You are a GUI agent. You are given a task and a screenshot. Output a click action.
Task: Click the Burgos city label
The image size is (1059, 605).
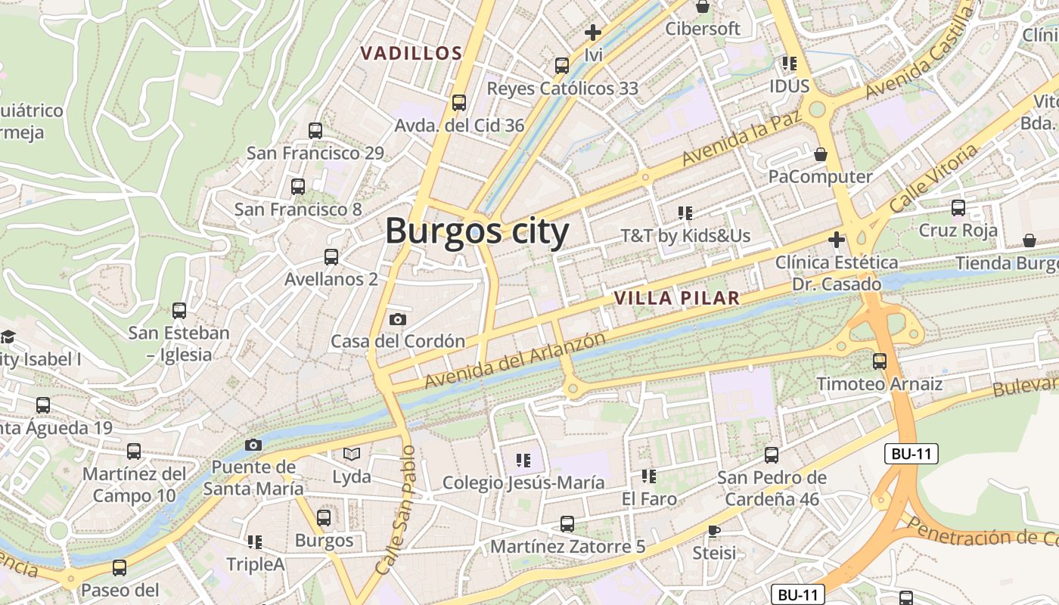(477, 231)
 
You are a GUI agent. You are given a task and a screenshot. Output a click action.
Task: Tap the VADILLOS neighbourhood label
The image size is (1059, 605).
(411, 54)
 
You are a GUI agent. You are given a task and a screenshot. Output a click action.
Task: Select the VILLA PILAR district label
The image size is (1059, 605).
(676, 298)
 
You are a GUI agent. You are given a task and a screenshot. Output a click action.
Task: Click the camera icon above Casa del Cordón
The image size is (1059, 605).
(398, 320)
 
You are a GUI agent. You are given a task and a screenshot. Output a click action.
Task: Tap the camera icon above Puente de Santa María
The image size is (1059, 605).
(253, 445)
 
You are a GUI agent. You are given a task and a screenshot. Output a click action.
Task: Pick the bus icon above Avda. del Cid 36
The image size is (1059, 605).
(458, 103)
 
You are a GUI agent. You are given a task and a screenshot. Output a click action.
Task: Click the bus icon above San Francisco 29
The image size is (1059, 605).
(315, 131)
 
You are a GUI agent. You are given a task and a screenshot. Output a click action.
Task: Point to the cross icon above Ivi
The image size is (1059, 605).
(593, 33)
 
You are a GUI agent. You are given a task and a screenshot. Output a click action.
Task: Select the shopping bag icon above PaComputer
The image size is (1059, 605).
(821, 155)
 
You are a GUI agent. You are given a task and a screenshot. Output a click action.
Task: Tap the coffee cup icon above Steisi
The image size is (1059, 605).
(713, 531)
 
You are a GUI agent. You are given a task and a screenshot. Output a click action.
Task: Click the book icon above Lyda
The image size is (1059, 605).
(352, 454)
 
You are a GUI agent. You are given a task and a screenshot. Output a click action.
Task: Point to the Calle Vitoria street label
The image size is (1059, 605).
(933, 178)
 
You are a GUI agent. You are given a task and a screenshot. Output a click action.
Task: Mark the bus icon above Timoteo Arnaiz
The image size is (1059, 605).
(879, 361)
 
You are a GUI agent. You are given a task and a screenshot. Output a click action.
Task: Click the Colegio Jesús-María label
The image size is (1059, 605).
(523, 482)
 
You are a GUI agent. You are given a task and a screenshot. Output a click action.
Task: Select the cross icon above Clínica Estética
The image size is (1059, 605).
(836, 240)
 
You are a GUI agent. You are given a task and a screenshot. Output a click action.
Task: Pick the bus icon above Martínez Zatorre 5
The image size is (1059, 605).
(567, 523)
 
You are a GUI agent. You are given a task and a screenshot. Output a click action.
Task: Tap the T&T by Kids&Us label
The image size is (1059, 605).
(685, 236)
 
